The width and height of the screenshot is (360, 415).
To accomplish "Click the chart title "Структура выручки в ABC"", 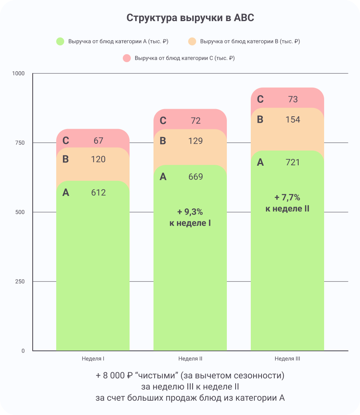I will pyautogui.click(x=190, y=18).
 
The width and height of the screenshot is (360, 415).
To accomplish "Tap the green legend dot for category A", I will pyautogui.click(x=60, y=41).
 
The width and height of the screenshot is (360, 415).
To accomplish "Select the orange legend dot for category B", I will pyautogui.click(x=192, y=41).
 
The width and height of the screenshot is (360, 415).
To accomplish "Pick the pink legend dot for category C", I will pyautogui.click(x=127, y=58).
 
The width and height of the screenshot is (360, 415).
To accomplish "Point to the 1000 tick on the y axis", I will pyautogui.click(x=18, y=74).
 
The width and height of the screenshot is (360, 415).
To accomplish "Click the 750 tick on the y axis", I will pyautogui.click(x=20, y=143).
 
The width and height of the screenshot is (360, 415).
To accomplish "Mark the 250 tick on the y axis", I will pyautogui.click(x=20, y=282).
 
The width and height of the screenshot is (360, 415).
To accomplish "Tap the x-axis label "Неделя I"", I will pyautogui.click(x=93, y=358).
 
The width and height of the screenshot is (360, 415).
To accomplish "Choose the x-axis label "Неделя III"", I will pyautogui.click(x=287, y=358).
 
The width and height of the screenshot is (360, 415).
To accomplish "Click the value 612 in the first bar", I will pyautogui.click(x=98, y=193).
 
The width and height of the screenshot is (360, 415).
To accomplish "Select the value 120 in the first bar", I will pyautogui.click(x=98, y=159).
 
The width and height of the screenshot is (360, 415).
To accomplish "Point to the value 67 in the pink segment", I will pyautogui.click(x=98, y=141).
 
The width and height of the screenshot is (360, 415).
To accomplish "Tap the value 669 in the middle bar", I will pyautogui.click(x=196, y=177).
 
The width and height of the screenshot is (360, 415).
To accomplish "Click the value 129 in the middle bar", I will pyautogui.click(x=196, y=141).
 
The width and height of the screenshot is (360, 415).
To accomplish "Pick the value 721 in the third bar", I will pyautogui.click(x=293, y=162).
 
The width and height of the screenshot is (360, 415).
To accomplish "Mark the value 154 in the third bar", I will pyautogui.click(x=293, y=119).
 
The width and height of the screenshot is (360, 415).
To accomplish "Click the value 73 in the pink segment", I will pyautogui.click(x=293, y=99).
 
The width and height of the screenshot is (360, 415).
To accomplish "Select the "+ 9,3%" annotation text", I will pyautogui.click(x=190, y=211).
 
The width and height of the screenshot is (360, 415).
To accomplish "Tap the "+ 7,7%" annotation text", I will pyautogui.click(x=287, y=197).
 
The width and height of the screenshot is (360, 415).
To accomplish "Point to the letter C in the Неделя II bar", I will pyautogui.click(x=163, y=121).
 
